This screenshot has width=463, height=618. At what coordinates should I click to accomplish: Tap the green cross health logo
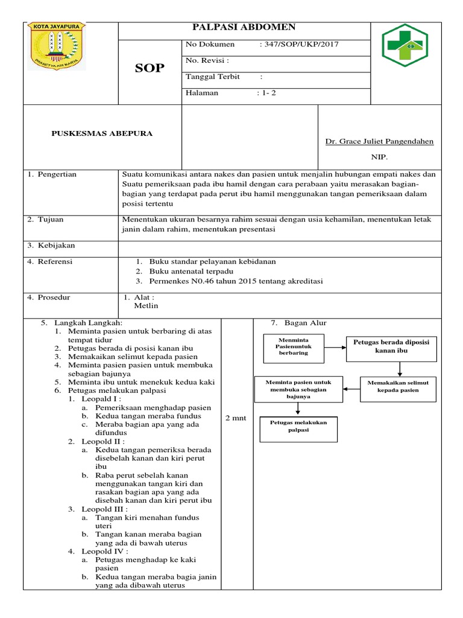[405, 49]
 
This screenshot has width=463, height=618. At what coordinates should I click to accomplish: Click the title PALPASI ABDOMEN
[244, 27]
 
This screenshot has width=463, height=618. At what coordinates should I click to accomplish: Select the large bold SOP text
[149, 68]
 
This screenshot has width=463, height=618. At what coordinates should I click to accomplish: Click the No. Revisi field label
[207, 60]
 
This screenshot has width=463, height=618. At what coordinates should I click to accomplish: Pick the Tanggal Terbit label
[213, 77]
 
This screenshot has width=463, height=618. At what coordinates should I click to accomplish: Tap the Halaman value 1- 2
[266, 93]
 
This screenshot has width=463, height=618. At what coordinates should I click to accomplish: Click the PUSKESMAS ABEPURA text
[102, 133]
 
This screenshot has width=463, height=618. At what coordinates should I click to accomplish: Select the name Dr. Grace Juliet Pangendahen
[379, 141]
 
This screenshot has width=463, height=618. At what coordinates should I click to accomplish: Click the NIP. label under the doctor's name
[379, 155]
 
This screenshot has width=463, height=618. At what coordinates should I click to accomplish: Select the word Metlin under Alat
[145, 305]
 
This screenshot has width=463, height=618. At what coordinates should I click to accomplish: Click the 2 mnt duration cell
[235, 418]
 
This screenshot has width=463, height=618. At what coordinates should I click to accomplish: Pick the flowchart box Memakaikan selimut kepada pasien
[398, 386]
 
